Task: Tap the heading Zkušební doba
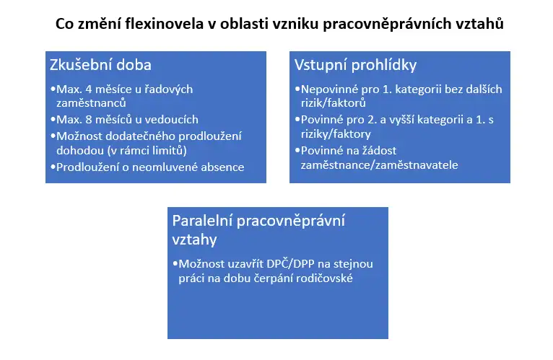pos(100,65)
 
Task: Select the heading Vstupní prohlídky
pos(355,65)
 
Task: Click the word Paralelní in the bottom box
pos(201,221)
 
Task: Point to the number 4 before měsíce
pos(89,89)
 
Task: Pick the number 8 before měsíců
pos(89,120)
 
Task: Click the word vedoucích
pos(171,120)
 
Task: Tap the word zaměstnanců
pos(91,103)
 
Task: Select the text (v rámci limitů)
pos(147,151)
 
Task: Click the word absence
pos(222,167)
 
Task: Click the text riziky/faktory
pos(336,134)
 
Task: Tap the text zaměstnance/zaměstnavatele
pos(379,165)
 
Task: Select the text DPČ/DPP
pos(290,264)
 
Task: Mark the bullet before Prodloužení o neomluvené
pos(53,167)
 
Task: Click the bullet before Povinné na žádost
pos(297,150)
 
